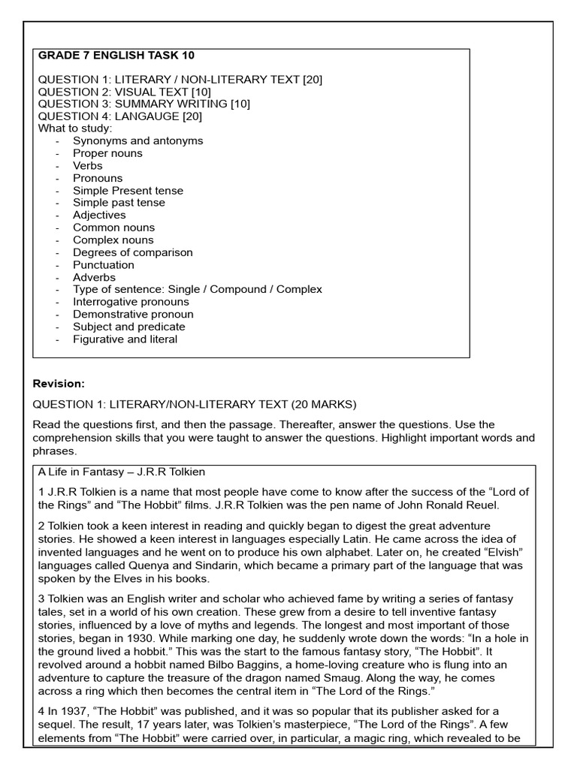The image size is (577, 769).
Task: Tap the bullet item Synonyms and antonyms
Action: (x=137, y=140)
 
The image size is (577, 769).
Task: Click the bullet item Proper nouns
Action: (x=107, y=153)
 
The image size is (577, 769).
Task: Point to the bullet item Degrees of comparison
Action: (x=132, y=252)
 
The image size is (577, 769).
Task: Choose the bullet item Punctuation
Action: (x=104, y=264)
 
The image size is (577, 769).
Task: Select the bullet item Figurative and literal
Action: (x=125, y=339)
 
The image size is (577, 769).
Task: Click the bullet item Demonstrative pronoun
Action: (x=133, y=314)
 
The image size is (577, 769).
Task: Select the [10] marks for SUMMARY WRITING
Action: (x=240, y=104)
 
